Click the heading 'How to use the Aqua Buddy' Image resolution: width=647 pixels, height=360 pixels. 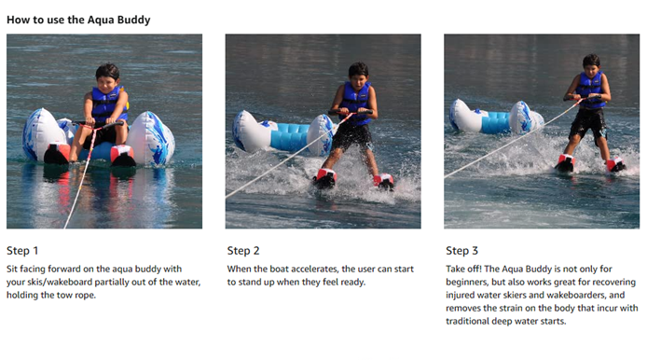click(78, 20)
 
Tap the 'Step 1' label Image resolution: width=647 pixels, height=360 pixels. click(22, 251)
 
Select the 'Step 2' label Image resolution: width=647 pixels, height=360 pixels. click(243, 251)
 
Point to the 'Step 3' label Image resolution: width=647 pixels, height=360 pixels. click(461, 251)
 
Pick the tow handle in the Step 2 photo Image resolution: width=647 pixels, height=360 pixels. click(351, 112)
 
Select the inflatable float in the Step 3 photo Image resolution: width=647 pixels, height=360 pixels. click(496, 117)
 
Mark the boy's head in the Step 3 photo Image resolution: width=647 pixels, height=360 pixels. click(591, 65)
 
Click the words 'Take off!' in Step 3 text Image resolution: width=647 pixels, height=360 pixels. click(463, 269)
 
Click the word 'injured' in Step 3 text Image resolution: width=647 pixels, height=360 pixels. click(460, 295)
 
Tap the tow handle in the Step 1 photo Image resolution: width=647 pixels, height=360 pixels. click(98, 123)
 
